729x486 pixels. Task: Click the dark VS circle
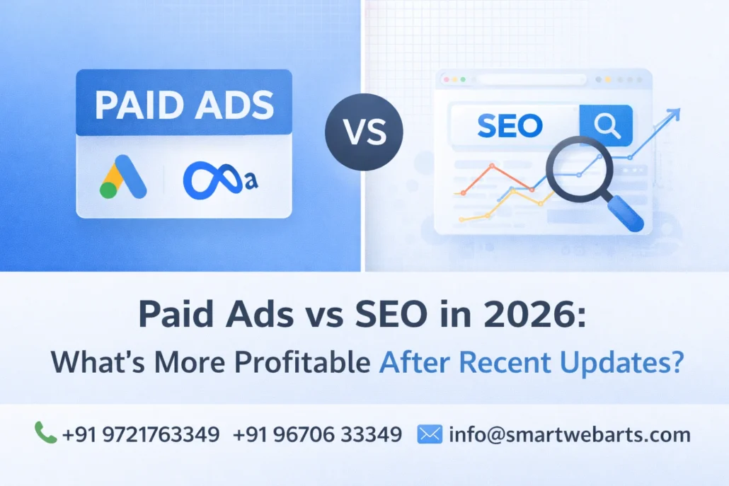coord(364,132)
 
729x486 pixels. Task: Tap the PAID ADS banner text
coord(184,105)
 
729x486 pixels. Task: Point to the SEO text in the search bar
coord(510,127)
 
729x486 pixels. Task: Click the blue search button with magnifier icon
coord(605,127)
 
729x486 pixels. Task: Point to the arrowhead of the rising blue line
coord(675,113)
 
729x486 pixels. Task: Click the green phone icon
coord(45,432)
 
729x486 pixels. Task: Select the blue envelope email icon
coord(430,433)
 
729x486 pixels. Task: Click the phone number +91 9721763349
coord(140,434)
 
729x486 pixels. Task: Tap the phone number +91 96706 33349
coord(318,434)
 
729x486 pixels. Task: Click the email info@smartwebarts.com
coord(569,434)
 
